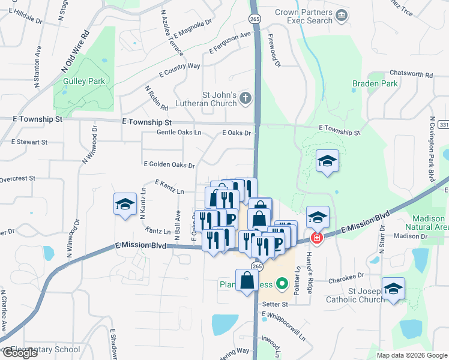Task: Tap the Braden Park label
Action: pos(375,84)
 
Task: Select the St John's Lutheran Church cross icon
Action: pos(245,98)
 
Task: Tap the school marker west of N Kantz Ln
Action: pos(125,204)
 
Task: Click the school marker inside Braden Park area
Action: pos(327,161)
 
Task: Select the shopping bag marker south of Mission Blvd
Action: pos(247,280)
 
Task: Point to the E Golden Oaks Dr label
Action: pos(169,165)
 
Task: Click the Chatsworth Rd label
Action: pos(411,73)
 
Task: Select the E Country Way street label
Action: pos(179,70)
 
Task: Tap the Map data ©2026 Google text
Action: pos(412,355)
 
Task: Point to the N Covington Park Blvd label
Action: pos(431,149)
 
